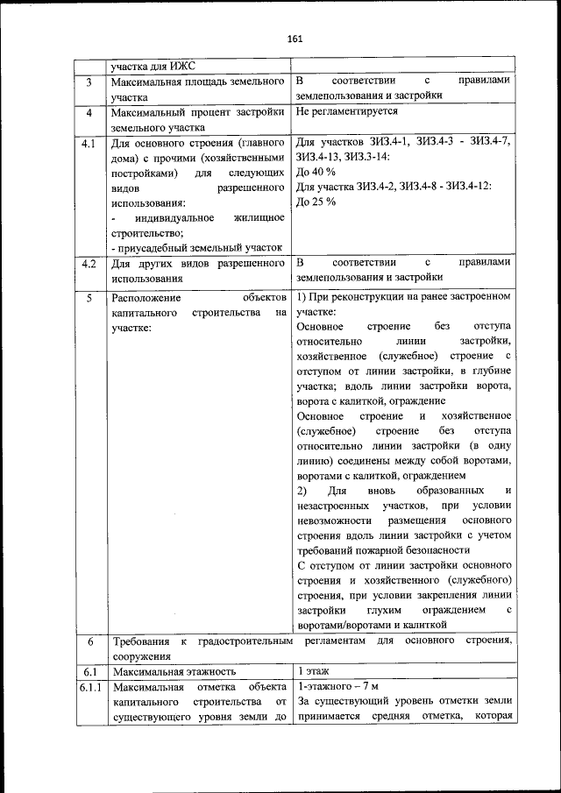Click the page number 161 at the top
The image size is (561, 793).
(294, 38)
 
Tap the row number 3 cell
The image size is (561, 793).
(89, 81)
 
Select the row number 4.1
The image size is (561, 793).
(89, 143)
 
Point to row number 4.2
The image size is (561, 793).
(89, 263)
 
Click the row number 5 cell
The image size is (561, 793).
(89, 298)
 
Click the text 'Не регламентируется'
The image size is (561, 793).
(347, 111)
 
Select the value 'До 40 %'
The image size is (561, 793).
(316, 171)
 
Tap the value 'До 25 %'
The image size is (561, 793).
(316, 202)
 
